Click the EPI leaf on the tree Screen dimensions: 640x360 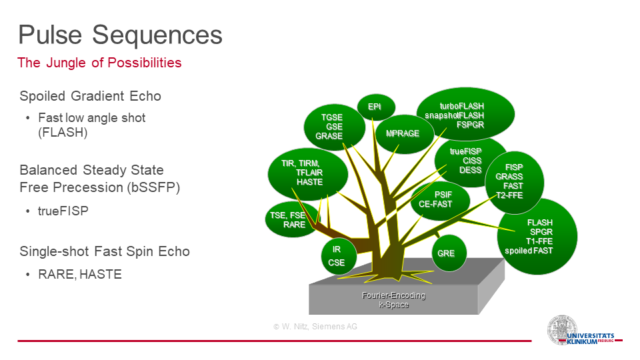pos(376,107)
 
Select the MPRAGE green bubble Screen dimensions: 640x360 pos(404,134)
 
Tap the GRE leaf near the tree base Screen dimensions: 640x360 pos(449,253)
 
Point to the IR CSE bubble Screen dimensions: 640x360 pos(339,256)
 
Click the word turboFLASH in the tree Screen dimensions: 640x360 pos(461,106)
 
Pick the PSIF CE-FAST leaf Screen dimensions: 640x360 pos(440,200)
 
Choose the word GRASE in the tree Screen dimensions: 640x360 pos(329,136)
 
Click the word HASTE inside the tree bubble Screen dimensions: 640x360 pos(309,182)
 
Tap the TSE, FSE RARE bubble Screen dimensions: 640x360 pos(291,219)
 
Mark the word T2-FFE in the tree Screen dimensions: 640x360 pos(509,195)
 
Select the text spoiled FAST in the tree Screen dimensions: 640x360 pos(529,251)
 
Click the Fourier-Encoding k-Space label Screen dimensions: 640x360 pos(393,300)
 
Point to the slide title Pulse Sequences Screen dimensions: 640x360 pos(121,35)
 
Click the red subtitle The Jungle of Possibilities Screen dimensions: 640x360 pos(99,63)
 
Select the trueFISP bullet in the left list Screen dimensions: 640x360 pos(63,211)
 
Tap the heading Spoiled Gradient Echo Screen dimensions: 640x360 pos(90,96)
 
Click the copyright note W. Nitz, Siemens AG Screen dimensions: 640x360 pos(315,327)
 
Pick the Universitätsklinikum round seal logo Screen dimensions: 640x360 pos(562,330)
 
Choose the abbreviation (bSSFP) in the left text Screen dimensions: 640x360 pos(153,188)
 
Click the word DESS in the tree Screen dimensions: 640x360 pos(471,170)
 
